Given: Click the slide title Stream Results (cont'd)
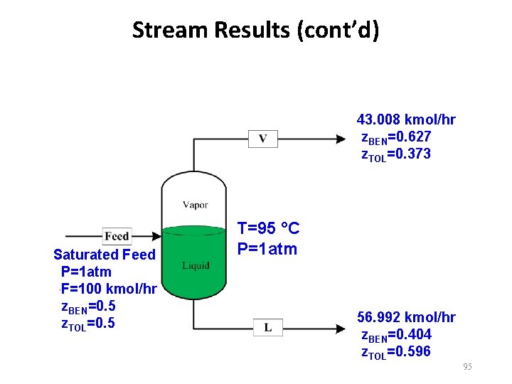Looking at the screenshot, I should click(x=255, y=31).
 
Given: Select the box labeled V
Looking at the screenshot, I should click(x=262, y=139).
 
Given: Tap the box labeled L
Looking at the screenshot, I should click(x=267, y=327).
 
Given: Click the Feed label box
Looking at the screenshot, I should click(x=116, y=236).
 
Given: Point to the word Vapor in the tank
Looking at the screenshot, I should click(x=195, y=205).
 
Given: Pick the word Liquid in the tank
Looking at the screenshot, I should click(x=195, y=265).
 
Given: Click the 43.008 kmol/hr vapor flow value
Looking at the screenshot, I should click(x=406, y=119).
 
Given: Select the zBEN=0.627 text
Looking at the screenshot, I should click(x=396, y=137).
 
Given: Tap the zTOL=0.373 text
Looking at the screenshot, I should click(x=396, y=154).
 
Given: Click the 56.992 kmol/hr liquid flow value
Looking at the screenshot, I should click(x=406, y=317).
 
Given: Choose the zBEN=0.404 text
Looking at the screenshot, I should click(x=396, y=335).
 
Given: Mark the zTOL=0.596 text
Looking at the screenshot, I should click(x=396, y=352).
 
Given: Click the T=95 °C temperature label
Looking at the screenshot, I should click(x=268, y=229).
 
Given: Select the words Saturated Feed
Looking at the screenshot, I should click(x=104, y=255).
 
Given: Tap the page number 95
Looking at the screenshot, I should click(x=467, y=366).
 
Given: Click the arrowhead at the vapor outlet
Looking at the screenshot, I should click(x=341, y=139).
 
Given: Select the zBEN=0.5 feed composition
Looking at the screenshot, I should click(x=89, y=306).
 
